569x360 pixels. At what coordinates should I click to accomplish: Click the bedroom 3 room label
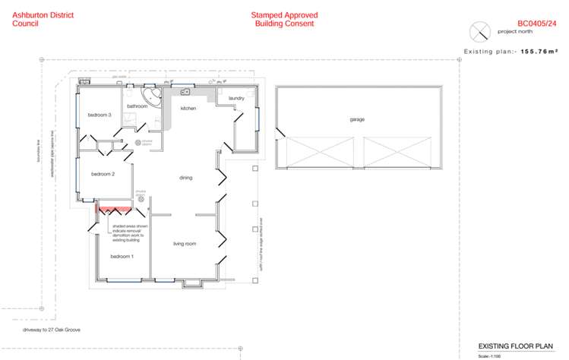point(100,115)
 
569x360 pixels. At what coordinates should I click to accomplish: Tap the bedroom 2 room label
point(103,174)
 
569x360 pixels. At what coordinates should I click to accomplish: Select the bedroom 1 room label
point(122,257)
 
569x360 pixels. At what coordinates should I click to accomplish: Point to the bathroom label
point(137,106)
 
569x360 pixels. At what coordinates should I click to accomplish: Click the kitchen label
point(188,109)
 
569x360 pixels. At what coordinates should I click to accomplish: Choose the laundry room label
point(236,98)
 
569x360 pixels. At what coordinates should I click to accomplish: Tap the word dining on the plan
point(185,178)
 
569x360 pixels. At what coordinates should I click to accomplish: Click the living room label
point(185,243)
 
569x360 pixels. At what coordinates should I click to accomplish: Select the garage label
point(357,120)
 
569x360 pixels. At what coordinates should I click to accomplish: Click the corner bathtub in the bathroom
point(154,97)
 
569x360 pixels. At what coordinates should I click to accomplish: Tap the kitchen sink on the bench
point(185,93)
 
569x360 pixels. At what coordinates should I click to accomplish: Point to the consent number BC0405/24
point(536,24)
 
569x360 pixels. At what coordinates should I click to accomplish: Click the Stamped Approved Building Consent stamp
point(284,19)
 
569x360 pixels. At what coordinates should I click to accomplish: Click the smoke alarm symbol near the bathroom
point(138,142)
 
